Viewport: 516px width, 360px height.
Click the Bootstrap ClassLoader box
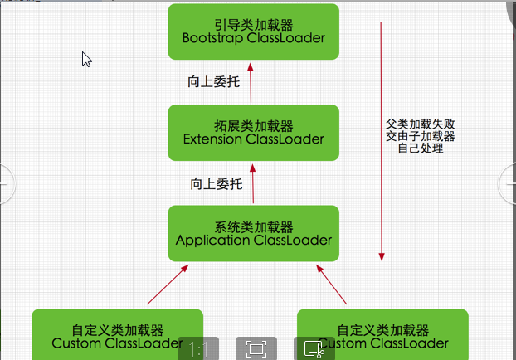coord(253,32)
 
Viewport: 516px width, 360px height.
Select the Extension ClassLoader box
coord(253,133)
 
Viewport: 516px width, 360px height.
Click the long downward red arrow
coord(381,141)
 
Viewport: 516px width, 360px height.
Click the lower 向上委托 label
coord(217,183)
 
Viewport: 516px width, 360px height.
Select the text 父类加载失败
coord(421,122)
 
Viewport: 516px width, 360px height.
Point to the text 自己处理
coord(421,148)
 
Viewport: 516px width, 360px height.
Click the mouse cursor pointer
coord(85,58)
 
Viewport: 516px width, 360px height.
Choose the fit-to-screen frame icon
coord(256,348)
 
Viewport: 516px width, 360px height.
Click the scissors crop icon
coord(314,349)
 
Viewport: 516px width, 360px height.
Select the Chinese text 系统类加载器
coord(253,226)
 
